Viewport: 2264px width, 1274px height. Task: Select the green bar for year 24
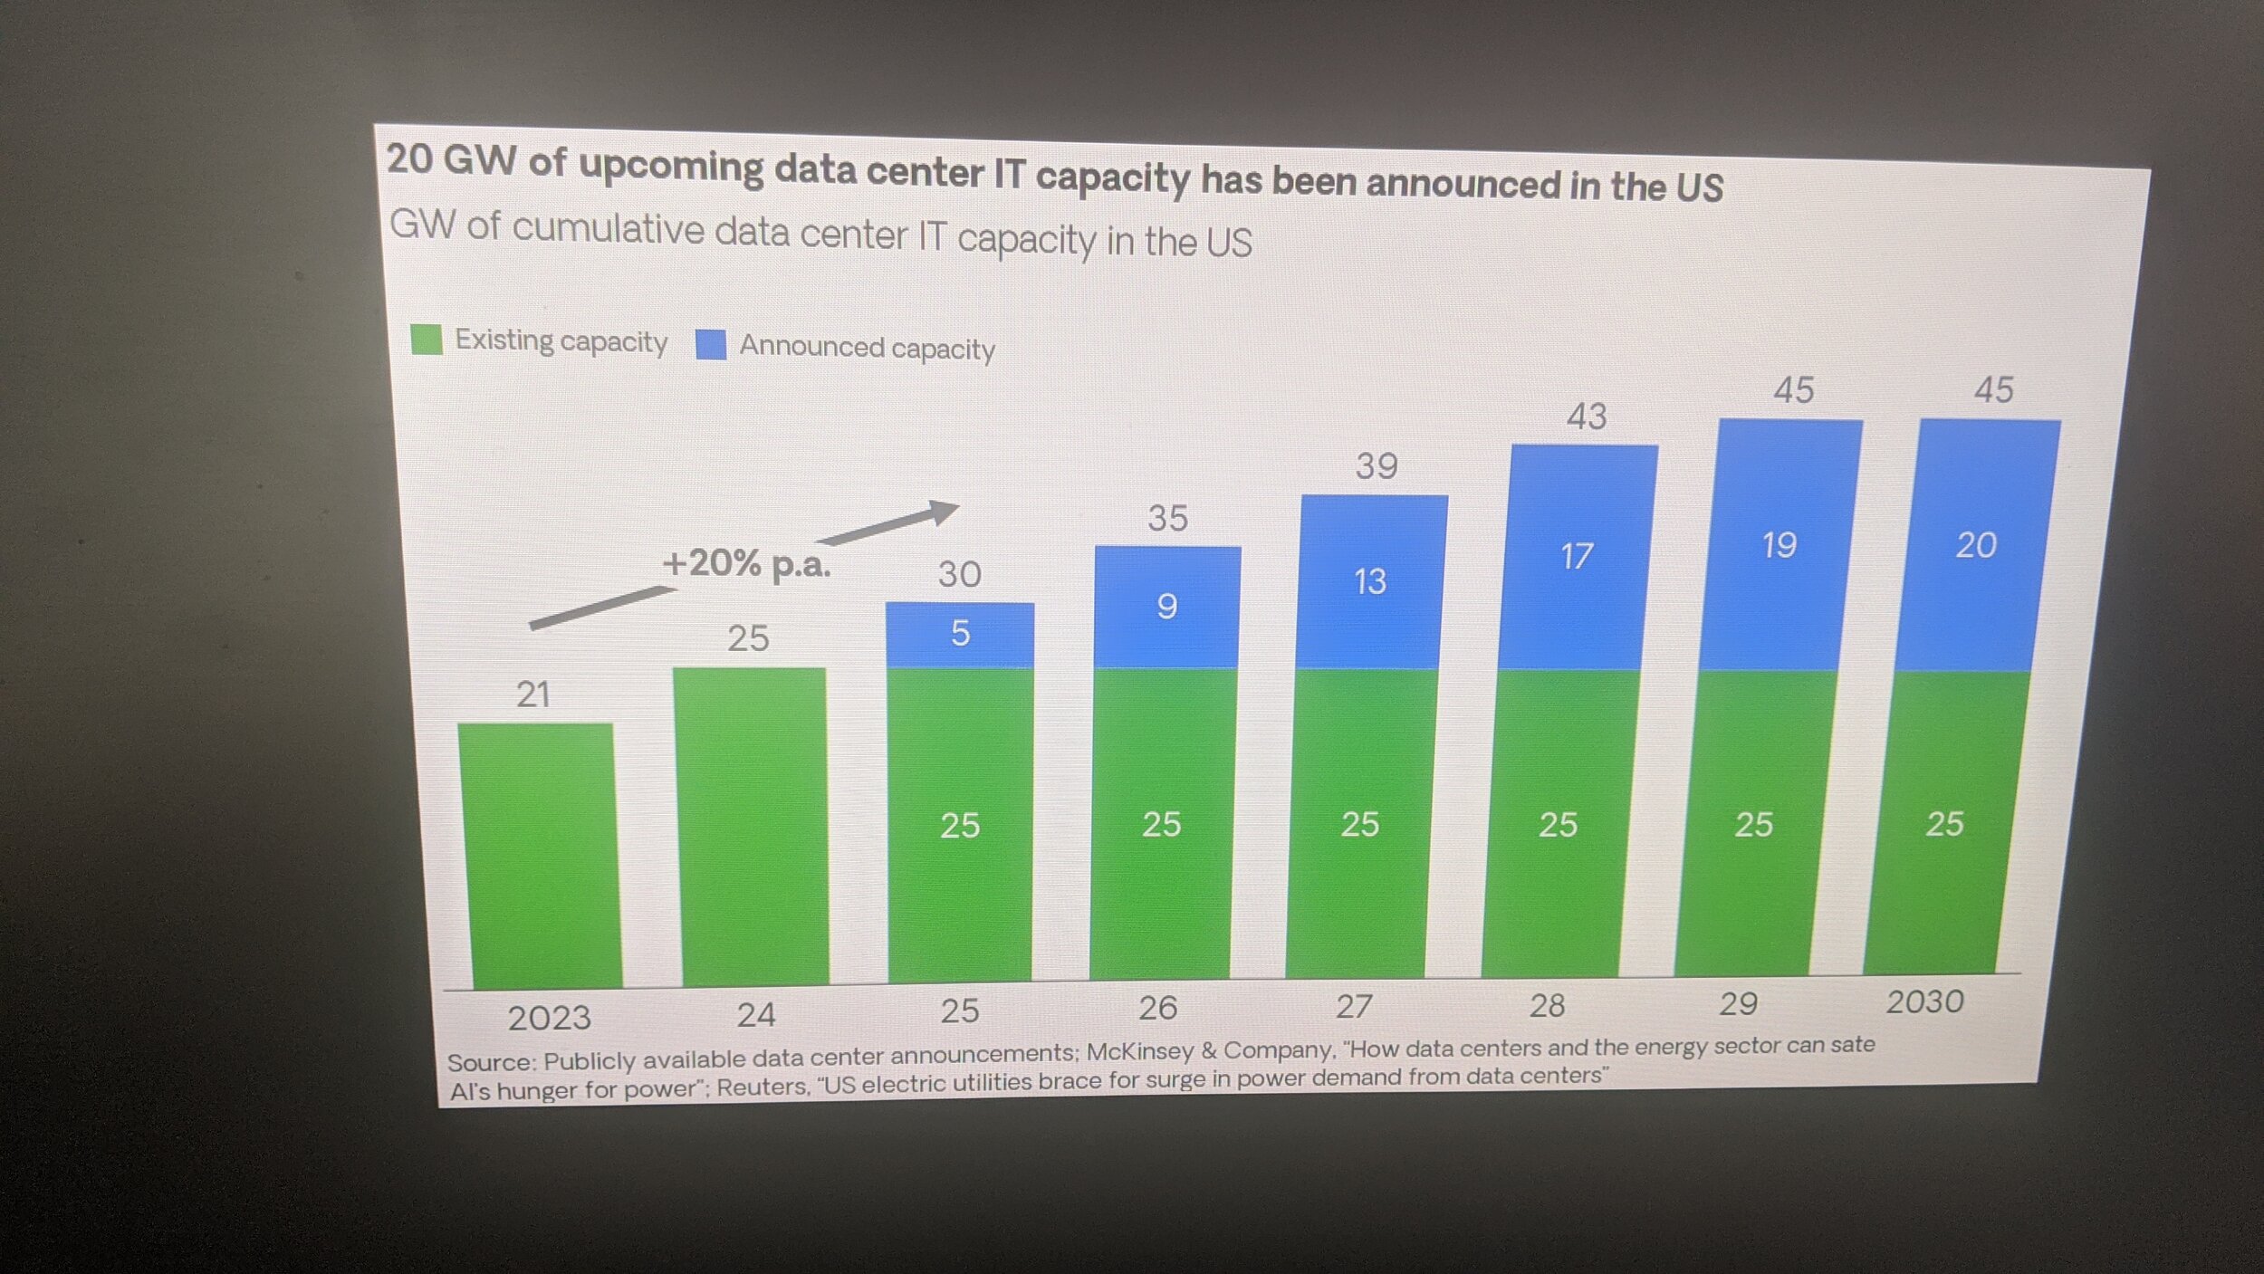pos(753,825)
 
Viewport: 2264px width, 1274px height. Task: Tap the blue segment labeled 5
pos(960,634)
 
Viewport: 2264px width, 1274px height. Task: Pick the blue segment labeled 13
pos(1371,581)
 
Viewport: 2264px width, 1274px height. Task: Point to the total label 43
pos(1587,417)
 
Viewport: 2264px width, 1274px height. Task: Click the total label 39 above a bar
pos(1377,466)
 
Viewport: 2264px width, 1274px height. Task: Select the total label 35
pos(1167,519)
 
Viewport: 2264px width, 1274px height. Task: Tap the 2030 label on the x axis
pos(1924,1001)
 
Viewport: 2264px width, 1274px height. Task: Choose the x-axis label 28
pos(1547,1005)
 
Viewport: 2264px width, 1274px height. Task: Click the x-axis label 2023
pos(549,1018)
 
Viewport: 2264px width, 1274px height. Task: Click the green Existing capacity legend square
pos(427,340)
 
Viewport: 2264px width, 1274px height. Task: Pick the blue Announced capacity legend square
pos(711,344)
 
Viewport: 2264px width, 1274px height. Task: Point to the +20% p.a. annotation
pos(746,563)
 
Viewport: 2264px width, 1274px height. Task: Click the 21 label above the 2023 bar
pos(533,694)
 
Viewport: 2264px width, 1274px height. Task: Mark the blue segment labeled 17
pos(1577,556)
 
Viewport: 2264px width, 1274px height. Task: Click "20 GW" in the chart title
pos(451,159)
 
